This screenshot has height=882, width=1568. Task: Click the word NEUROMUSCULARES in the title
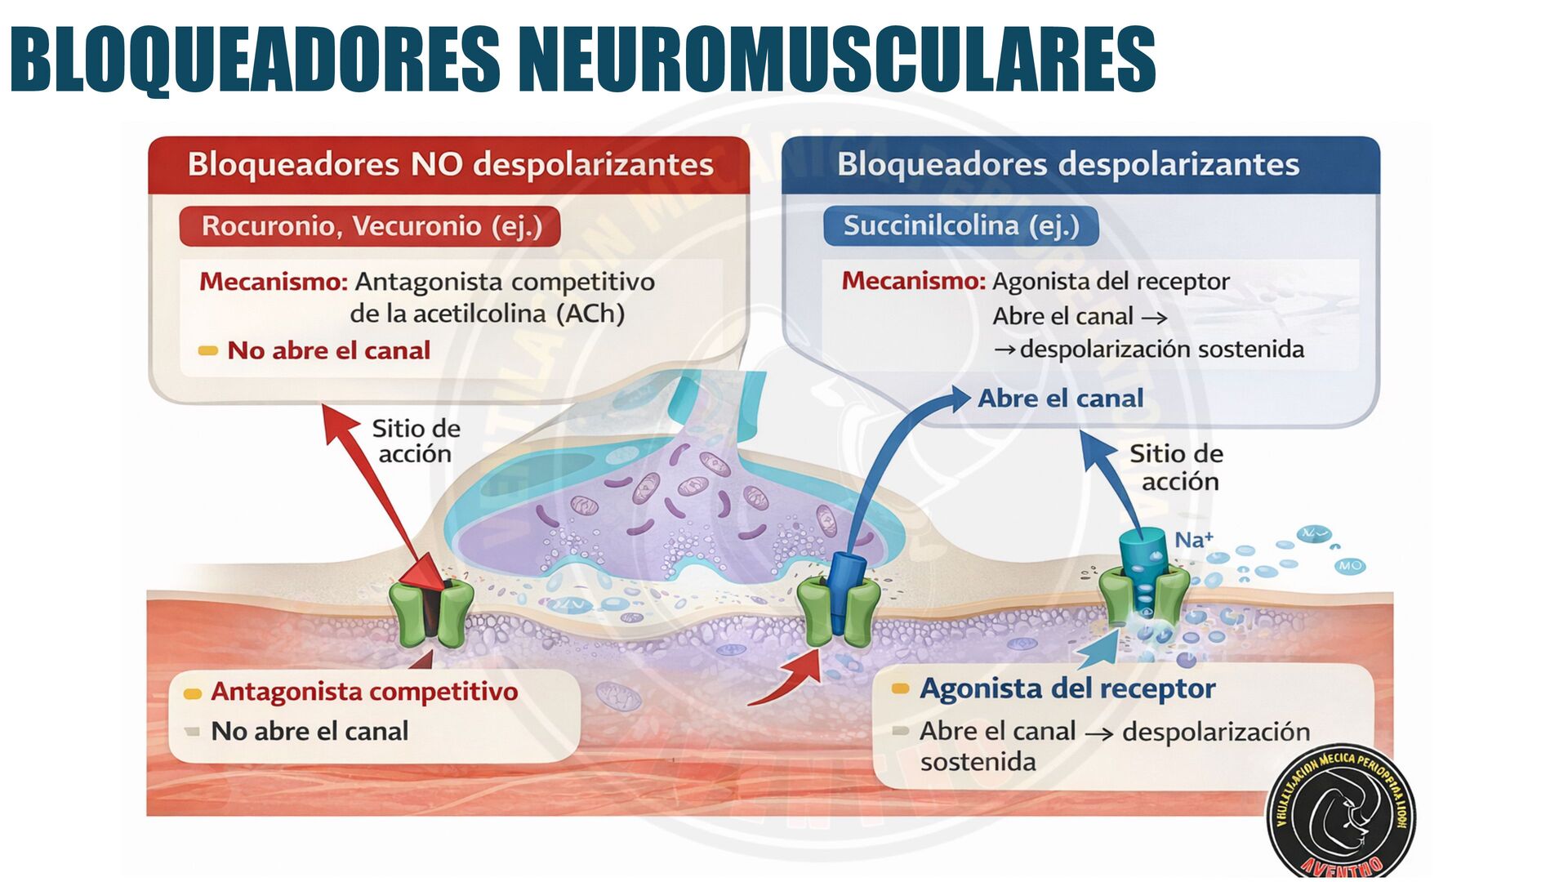tap(836, 59)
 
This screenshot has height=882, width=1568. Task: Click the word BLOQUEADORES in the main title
tap(255, 59)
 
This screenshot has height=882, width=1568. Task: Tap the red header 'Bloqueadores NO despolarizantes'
tap(450, 164)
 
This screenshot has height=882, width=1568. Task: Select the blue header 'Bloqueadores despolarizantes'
tap(1067, 164)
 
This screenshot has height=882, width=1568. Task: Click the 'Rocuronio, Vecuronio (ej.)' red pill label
tap(372, 225)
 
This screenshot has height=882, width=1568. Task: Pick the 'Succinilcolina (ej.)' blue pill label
tap(960, 225)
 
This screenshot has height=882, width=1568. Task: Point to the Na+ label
tap(1193, 540)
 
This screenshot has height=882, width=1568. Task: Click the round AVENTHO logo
tap(1341, 813)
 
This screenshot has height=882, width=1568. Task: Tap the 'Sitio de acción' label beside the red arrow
tap(416, 441)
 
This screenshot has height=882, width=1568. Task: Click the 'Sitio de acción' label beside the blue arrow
tap(1176, 467)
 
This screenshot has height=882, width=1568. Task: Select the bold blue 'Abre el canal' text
tap(1060, 399)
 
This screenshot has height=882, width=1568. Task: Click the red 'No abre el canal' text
tap(328, 350)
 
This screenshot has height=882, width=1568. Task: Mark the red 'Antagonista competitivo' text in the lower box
tap(364, 692)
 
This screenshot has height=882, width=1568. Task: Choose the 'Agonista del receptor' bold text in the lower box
tap(1067, 688)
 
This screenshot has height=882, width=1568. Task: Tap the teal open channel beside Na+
tap(1143, 572)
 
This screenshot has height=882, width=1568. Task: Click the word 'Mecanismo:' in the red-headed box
tap(274, 282)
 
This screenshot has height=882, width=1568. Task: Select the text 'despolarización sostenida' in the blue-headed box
tap(1161, 350)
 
